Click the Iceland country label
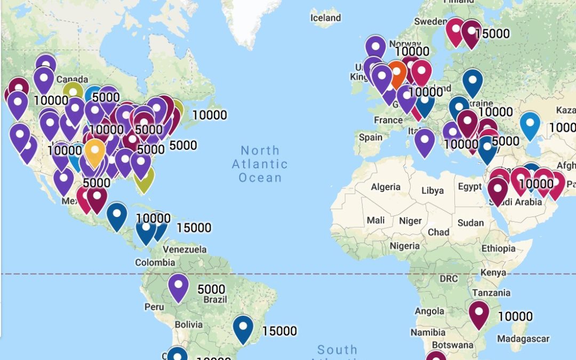click(x=325, y=18)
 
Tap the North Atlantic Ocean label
click(x=260, y=164)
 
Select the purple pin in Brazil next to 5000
click(x=178, y=286)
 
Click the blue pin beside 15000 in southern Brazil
click(x=243, y=327)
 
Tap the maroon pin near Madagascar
click(x=478, y=313)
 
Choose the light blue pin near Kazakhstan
click(x=530, y=124)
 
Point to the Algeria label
click(x=385, y=187)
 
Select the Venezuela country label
click(x=185, y=249)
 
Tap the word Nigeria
click(x=404, y=246)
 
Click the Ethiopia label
click(x=498, y=248)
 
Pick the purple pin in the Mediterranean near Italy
click(x=425, y=141)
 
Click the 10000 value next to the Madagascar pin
click(x=515, y=316)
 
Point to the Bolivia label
click(x=188, y=324)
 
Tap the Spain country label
click(x=370, y=137)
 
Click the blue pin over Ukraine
click(x=472, y=82)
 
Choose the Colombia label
click(x=155, y=262)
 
